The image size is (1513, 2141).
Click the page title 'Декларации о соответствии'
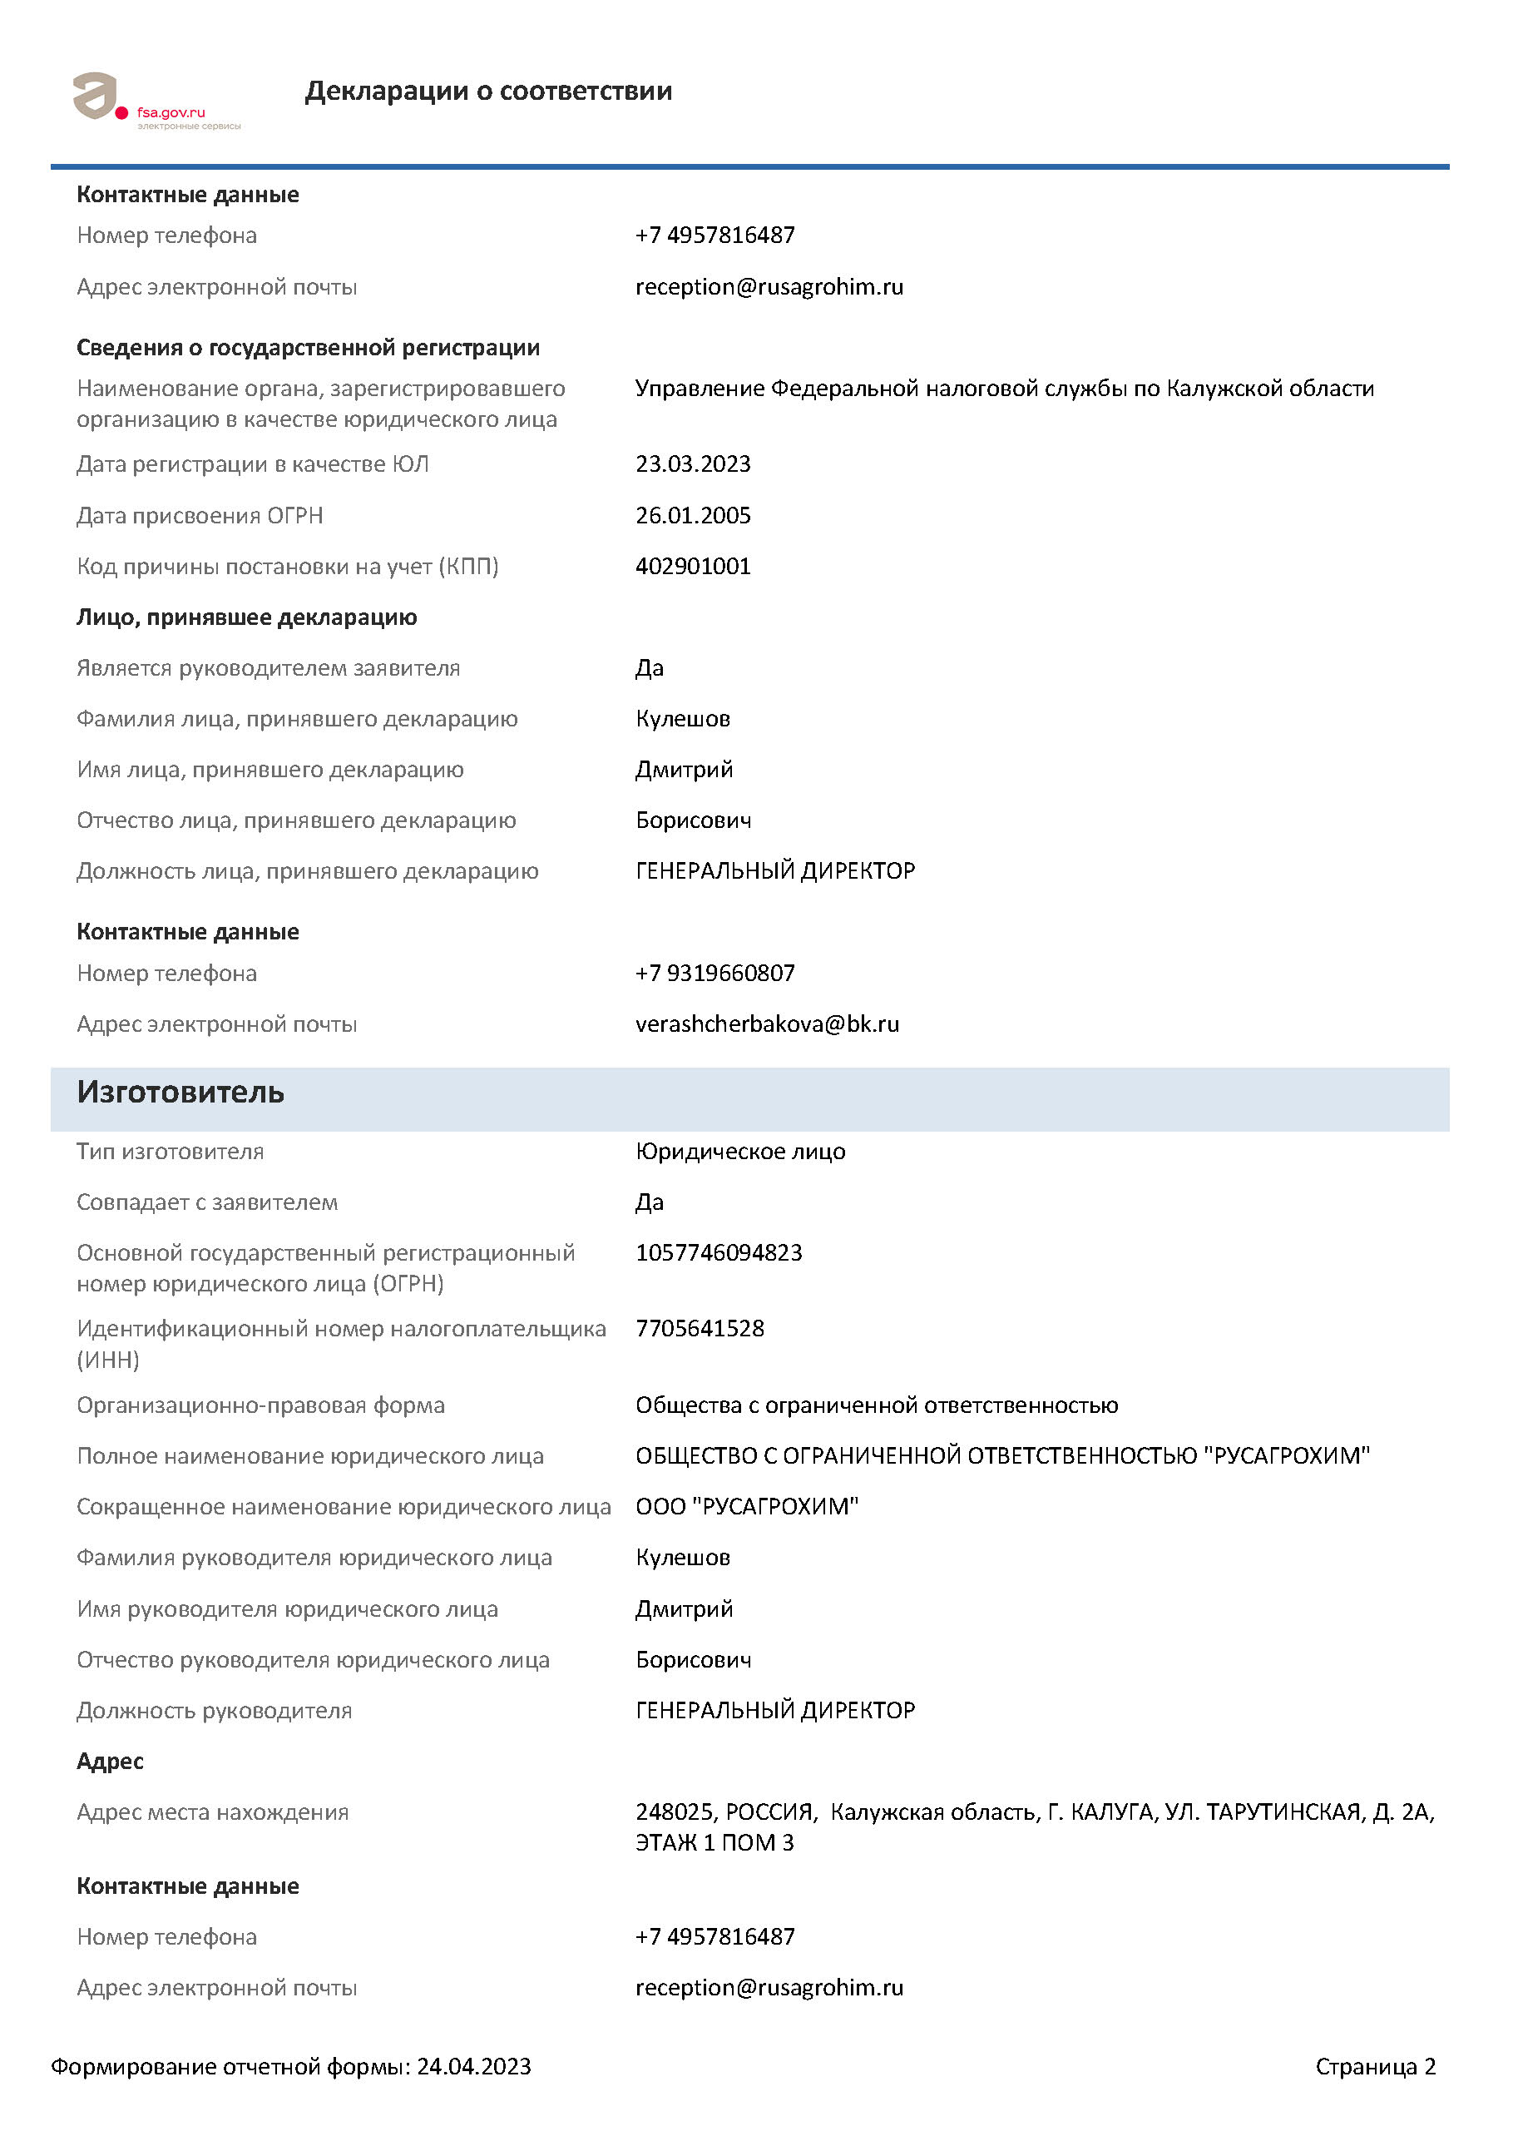point(487,91)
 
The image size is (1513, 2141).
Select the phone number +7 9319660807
point(715,973)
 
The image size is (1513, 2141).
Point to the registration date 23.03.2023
point(693,463)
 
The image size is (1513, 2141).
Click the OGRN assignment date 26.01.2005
point(693,515)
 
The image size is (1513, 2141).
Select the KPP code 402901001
point(693,566)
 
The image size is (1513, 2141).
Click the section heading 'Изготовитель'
point(180,1092)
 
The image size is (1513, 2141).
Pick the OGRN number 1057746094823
point(719,1252)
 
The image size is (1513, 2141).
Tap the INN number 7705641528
point(700,1328)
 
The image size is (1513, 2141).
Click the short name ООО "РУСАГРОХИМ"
point(747,1507)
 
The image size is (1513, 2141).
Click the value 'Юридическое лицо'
point(740,1152)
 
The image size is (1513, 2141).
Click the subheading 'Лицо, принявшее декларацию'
point(246,617)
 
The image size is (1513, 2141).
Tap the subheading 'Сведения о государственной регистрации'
point(308,348)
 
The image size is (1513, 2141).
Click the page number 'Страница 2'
point(1375,2066)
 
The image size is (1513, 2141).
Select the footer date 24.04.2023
point(473,2066)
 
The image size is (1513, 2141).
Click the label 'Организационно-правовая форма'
point(260,1405)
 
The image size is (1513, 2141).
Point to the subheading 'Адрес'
point(110,1762)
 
